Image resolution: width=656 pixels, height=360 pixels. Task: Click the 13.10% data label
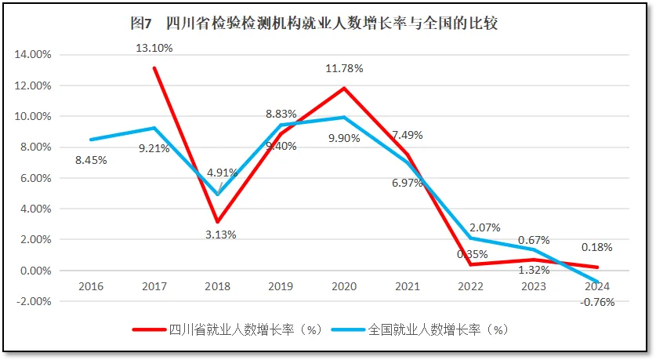pos(154,48)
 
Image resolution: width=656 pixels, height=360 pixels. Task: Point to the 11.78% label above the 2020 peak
pos(345,68)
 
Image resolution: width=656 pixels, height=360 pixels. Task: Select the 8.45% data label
pos(91,160)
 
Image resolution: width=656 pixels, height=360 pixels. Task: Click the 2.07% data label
pos(484,227)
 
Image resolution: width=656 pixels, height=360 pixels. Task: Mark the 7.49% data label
pos(408,135)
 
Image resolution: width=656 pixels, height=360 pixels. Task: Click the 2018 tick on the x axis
pos(218,286)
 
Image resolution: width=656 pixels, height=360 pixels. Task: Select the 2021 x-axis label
pos(408,286)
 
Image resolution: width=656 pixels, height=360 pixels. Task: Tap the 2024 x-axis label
pos(597,286)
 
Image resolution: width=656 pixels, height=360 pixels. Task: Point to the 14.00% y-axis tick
pos(33,55)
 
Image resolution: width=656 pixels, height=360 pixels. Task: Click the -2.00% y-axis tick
pos(33,301)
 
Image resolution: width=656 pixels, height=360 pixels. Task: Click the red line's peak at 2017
pos(154,67)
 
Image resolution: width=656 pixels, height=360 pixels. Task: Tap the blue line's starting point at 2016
pos(91,140)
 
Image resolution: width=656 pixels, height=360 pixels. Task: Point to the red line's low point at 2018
pos(218,222)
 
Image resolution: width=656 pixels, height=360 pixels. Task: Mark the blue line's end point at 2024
pos(597,282)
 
